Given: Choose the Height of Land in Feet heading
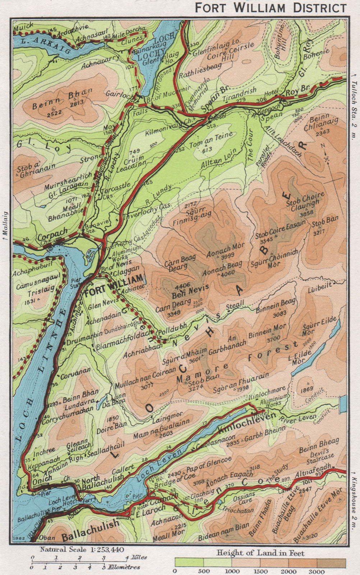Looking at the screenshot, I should (260, 553).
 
